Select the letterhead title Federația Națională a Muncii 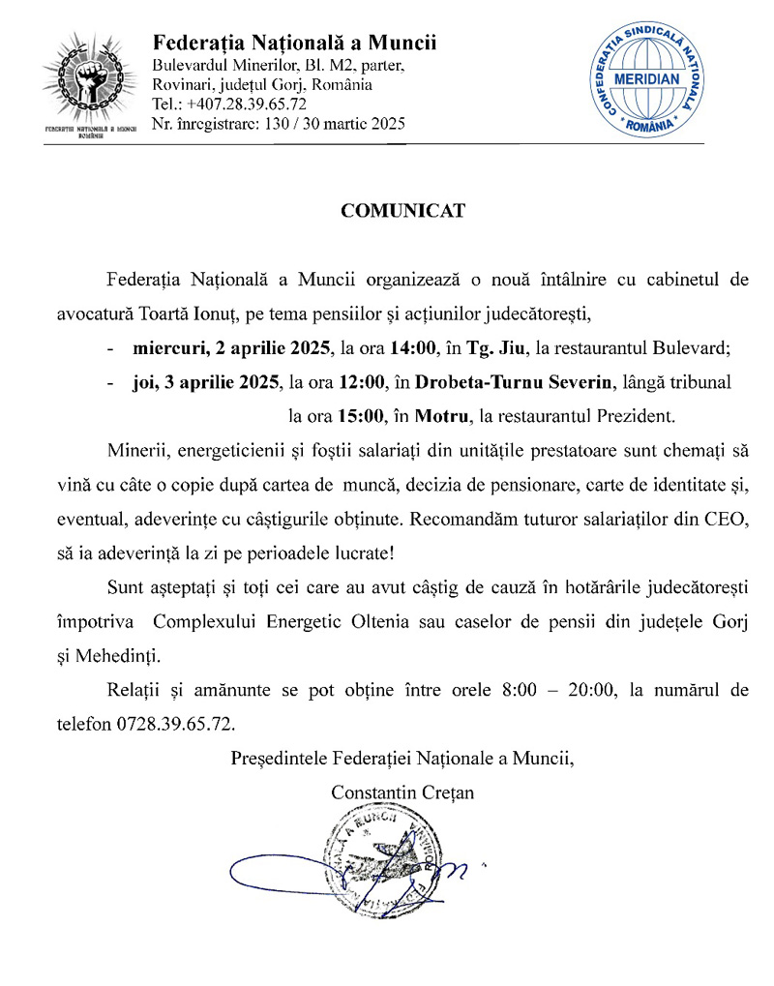point(294,44)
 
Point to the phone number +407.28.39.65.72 point(246,105)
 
